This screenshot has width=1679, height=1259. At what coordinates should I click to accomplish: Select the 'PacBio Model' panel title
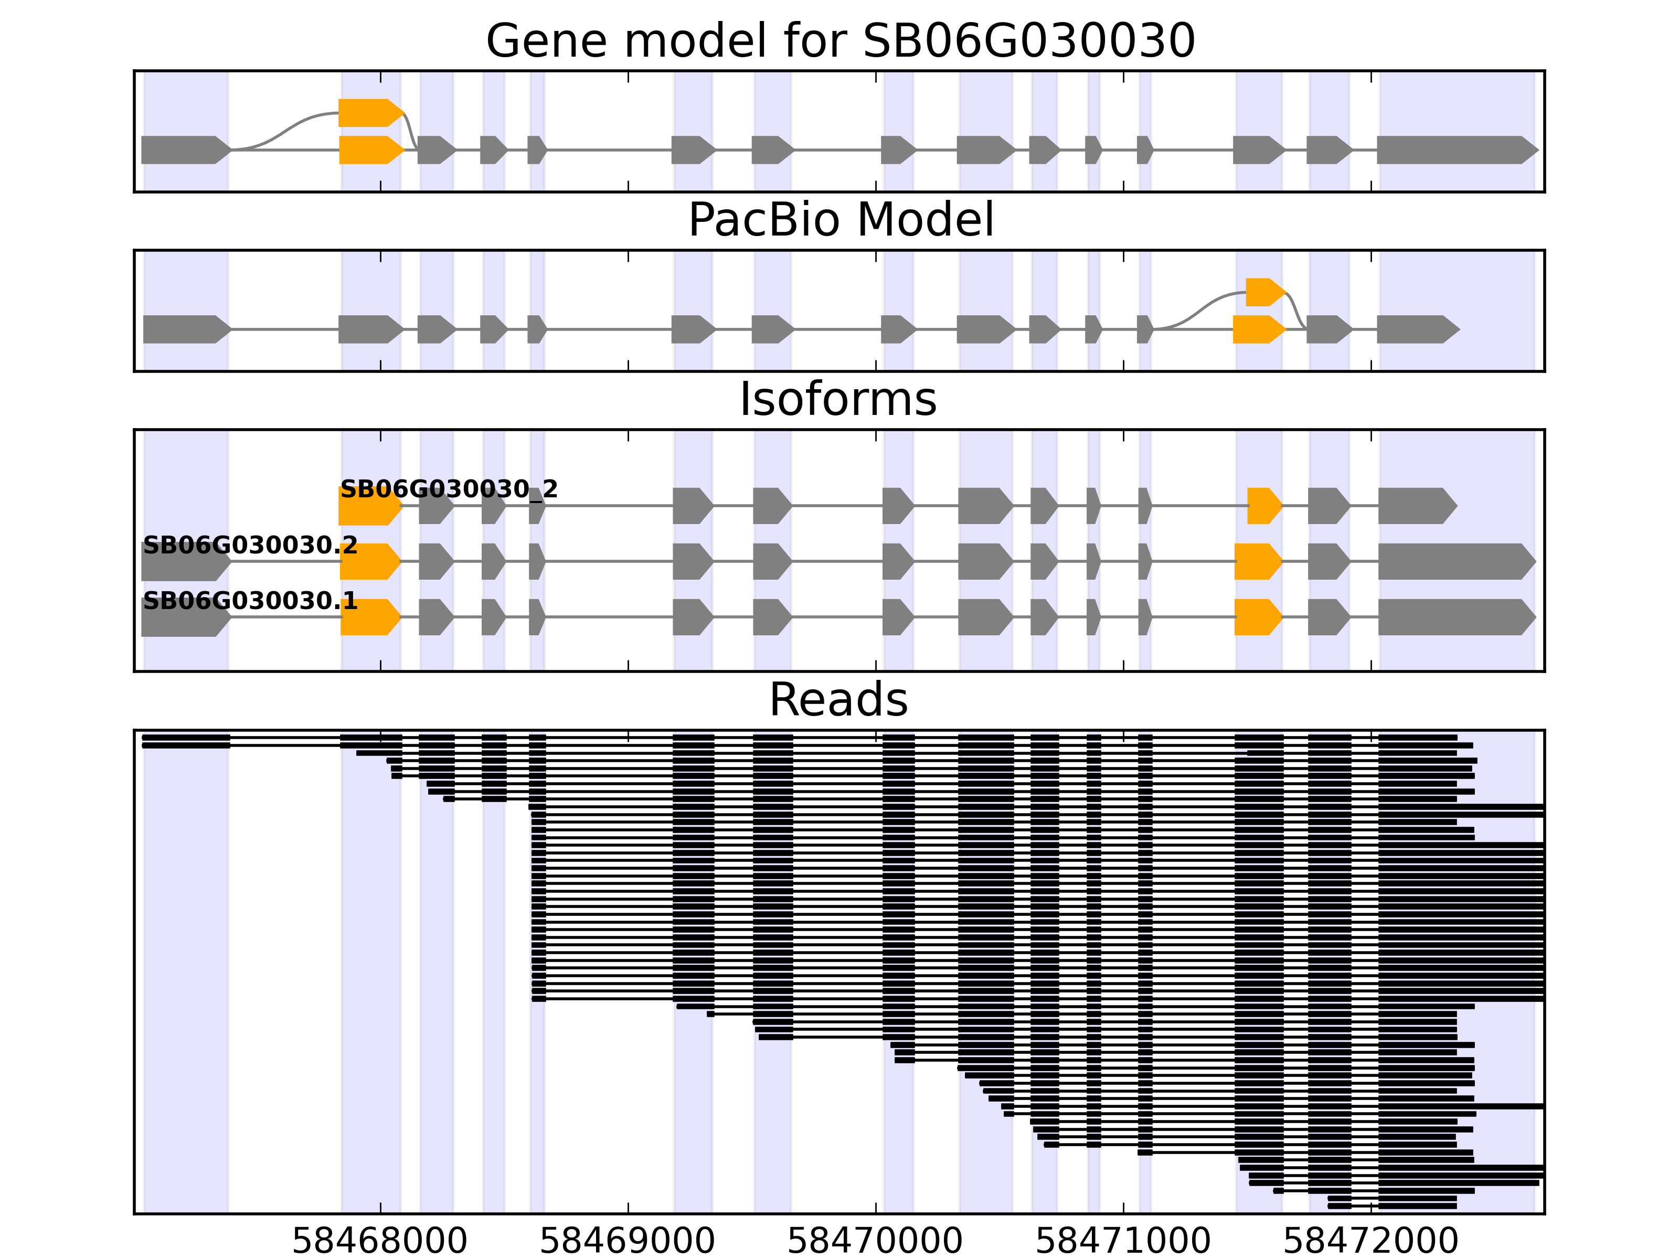[839, 220]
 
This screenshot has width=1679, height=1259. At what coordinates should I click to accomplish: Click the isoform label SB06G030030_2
[449, 489]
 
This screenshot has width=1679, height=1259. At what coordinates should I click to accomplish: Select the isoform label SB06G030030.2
[250, 546]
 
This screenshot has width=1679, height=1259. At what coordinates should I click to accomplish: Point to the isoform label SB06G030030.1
[250, 602]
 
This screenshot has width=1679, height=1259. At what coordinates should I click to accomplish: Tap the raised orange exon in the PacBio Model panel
[1264, 292]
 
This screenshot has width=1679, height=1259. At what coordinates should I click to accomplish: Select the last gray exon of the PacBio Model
[1416, 329]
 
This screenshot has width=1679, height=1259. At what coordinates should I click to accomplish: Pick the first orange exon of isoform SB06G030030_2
[369, 506]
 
